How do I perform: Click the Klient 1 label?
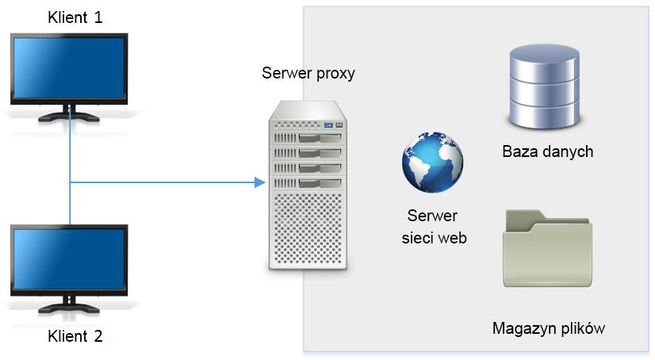coord(75,17)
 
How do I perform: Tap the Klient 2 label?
coord(75,335)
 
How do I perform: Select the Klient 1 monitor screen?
coord(69,68)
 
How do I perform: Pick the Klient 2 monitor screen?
coord(69,259)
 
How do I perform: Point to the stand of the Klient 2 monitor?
coord(70,305)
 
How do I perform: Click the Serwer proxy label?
coord(308,74)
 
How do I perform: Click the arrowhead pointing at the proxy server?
coord(259,183)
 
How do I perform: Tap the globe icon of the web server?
coord(432,159)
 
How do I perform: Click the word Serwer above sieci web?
coord(434,215)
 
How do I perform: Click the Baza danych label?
coord(548,151)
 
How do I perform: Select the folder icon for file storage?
coord(548,249)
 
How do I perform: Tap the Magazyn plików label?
coord(549,327)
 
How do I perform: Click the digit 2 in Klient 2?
coord(98,335)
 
